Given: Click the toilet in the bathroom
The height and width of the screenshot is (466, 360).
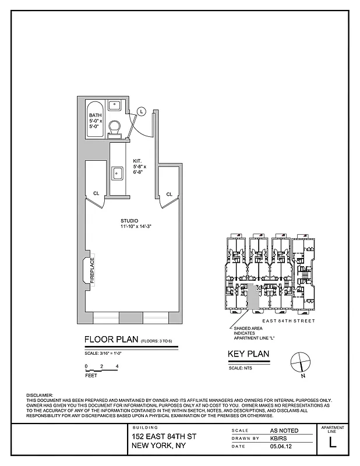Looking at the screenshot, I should (115, 126).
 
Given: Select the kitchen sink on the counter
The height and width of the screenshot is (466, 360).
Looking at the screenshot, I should (117, 172).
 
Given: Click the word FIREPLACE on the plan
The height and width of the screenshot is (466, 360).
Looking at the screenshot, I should (91, 270).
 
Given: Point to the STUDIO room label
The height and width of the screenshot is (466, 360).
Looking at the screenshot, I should (129, 220).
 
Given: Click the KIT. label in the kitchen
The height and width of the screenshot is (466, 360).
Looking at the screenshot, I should (137, 160).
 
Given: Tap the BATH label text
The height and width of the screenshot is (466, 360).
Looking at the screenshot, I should (95, 115).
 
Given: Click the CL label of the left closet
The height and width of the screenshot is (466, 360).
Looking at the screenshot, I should (96, 194).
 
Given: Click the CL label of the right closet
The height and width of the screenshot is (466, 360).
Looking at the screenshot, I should (169, 194).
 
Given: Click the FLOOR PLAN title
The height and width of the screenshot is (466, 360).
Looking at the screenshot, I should (111, 340).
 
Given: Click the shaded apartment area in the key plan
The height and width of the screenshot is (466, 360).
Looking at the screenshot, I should (252, 298).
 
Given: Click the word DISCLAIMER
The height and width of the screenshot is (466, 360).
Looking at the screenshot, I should (40, 396).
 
